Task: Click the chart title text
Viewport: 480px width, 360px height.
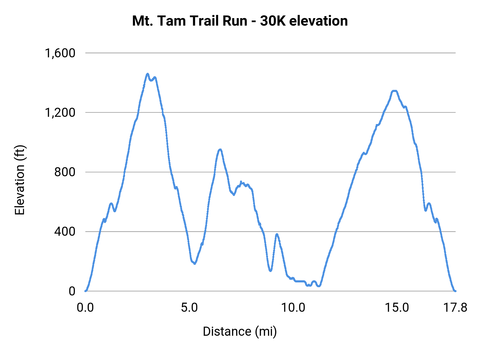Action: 240,21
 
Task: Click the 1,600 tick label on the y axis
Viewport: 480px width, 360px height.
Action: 60,53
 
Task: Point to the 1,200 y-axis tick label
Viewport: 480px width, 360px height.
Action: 60,113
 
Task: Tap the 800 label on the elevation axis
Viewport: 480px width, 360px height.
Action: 65,172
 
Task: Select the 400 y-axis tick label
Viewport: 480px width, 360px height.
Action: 65,231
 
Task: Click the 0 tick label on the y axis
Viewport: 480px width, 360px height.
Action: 72,291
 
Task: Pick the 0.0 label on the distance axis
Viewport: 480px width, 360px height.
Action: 85,308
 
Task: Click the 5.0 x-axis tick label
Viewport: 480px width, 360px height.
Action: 189,308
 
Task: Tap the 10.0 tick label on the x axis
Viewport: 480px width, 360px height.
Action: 293,308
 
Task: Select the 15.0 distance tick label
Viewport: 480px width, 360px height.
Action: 397,308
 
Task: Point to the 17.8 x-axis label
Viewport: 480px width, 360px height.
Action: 455,308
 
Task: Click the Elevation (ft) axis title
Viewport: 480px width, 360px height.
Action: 20,180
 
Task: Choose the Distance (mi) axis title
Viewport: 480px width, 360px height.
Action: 240,331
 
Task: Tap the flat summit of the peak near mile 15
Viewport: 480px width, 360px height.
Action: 394,91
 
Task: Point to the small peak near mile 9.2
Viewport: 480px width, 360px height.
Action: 277,234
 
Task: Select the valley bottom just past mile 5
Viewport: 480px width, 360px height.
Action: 195,263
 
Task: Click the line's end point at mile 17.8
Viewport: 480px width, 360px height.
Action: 455,291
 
